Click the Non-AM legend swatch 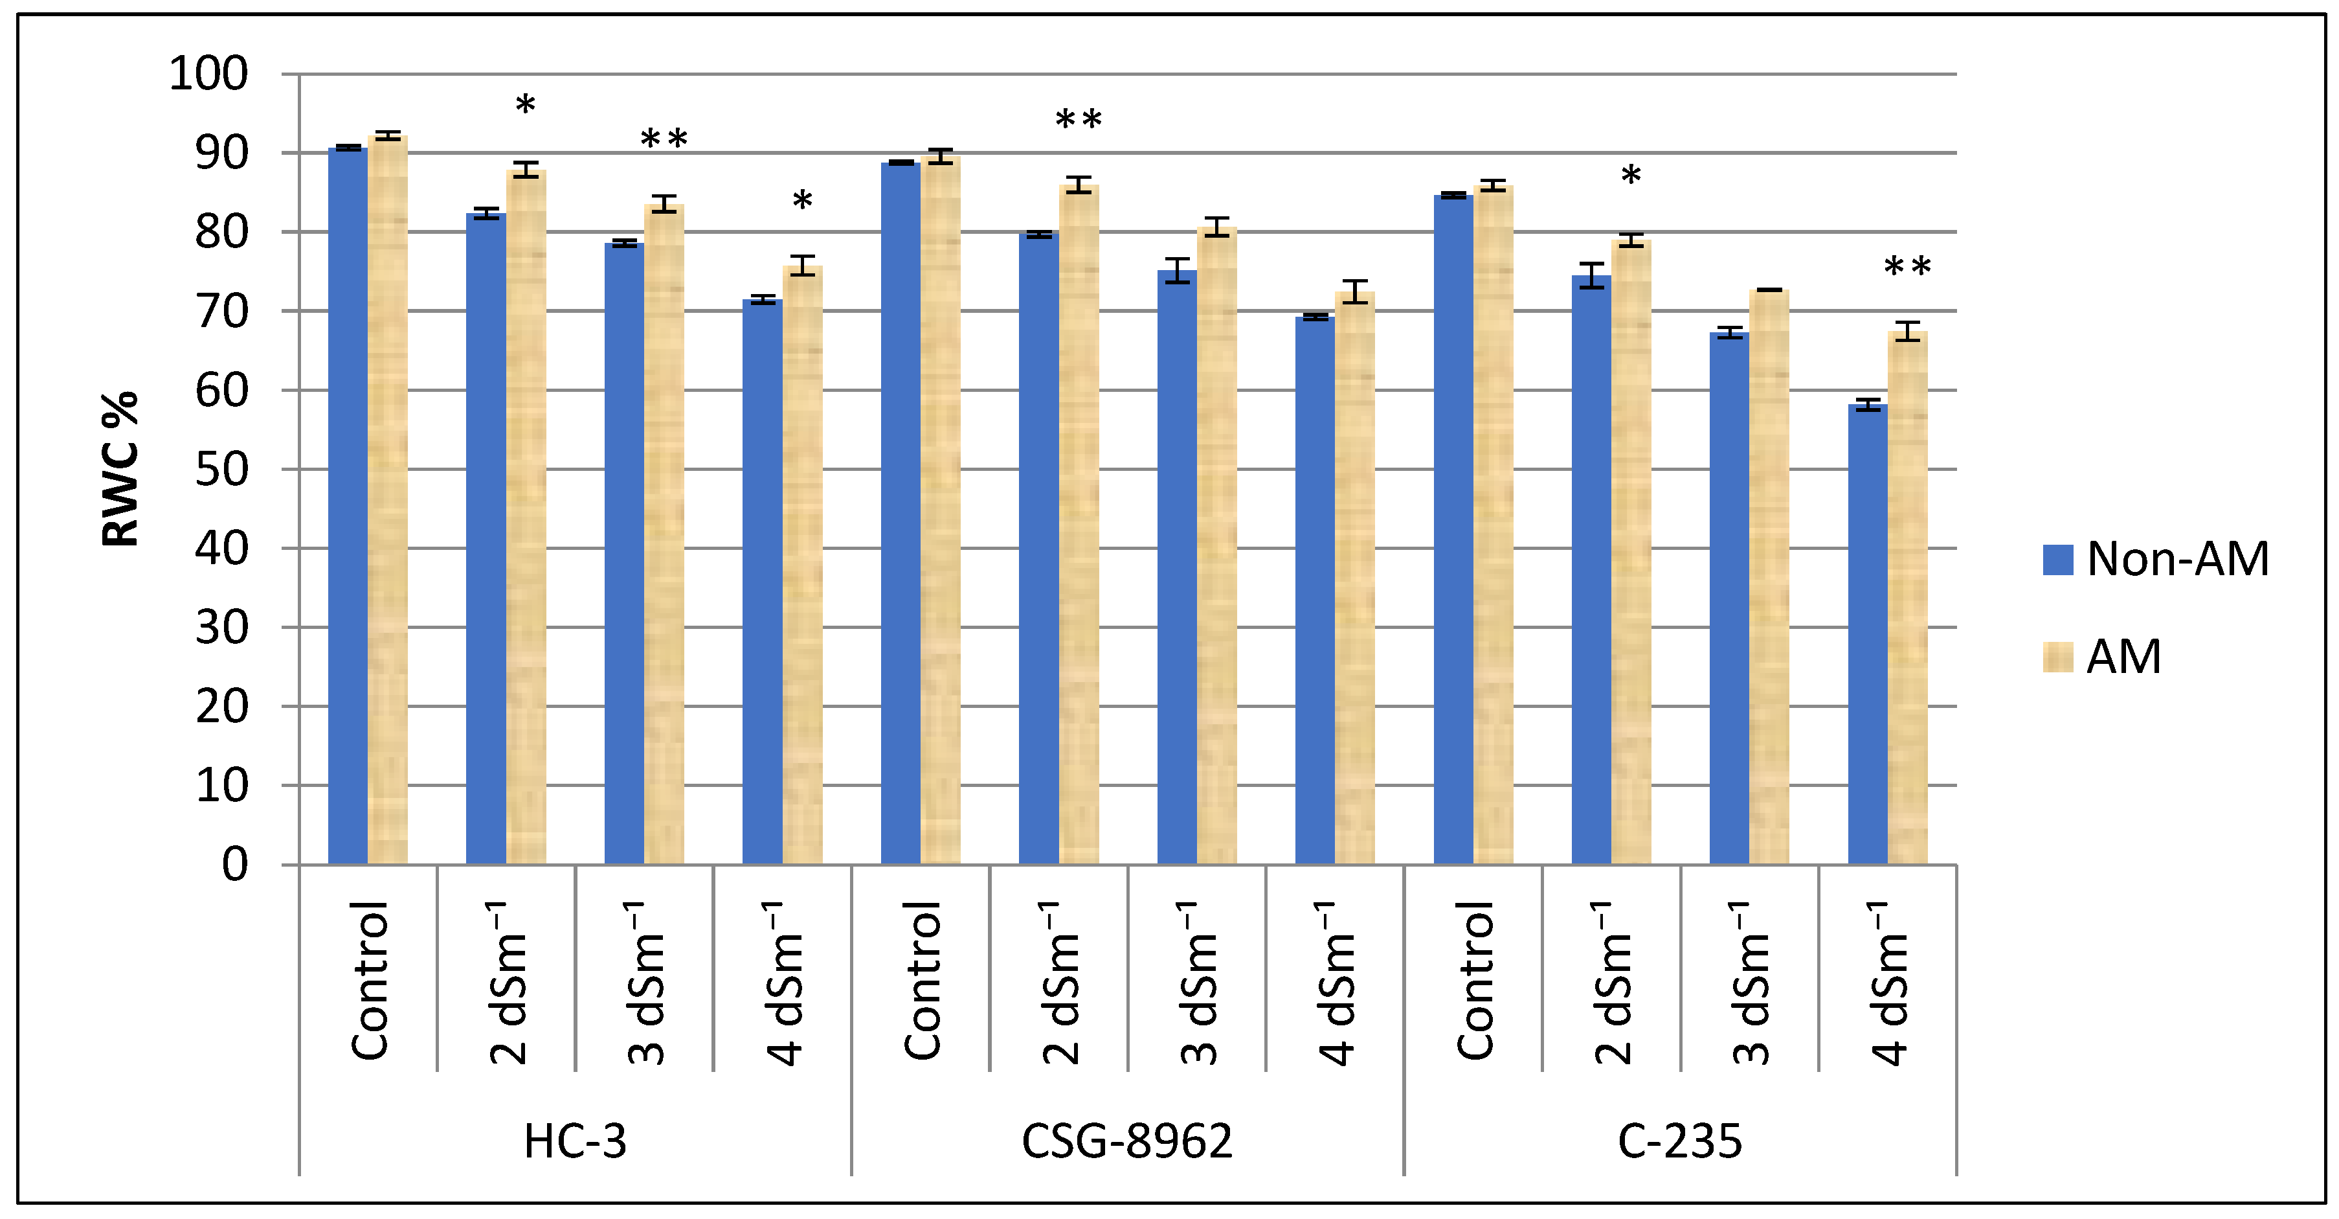tap(2057, 560)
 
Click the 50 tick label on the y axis tap(221, 470)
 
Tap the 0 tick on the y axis tap(234, 865)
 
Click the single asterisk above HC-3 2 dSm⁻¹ tap(526, 106)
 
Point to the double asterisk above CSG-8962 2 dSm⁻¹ tap(1079, 120)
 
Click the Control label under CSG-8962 tap(922, 981)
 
